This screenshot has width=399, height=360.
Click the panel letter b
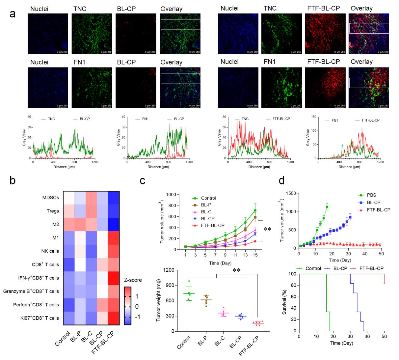click(13, 181)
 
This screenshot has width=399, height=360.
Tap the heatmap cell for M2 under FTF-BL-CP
click(113, 224)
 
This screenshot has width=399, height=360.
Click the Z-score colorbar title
click(133, 280)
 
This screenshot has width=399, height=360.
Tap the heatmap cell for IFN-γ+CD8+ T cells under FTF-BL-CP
click(113, 278)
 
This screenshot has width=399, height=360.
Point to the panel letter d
click(282, 181)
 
